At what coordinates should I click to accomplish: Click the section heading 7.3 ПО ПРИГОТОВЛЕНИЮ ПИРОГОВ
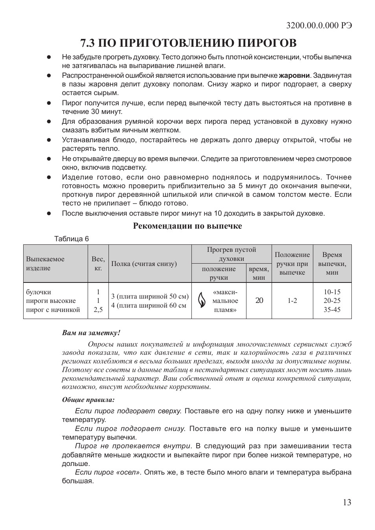pyautogui.click(x=188, y=42)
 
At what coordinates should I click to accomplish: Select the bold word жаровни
pyautogui.click(x=294, y=75)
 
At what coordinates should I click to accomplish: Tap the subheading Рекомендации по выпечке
pyautogui.click(x=187, y=226)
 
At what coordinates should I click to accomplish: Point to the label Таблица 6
pyautogui.click(x=72, y=239)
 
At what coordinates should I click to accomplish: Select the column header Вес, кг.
pyautogui.click(x=98, y=264)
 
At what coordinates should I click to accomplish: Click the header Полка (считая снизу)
pyautogui.click(x=144, y=264)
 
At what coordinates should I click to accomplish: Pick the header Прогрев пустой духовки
pyautogui.click(x=231, y=254)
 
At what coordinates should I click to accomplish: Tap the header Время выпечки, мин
pyautogui.click(x=332, y=264)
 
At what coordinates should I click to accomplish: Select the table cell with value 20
pyautogui.click(x=259, y=301)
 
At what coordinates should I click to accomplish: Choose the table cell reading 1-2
pyautogui.click(x=292, y=301)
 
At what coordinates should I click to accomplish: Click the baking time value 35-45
pyautogui.click(x=332, y=310)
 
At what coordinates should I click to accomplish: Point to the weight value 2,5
pyautogui.click(x=98, y=310)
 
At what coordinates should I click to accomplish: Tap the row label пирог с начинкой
pyautogui.click(x=53, y=310)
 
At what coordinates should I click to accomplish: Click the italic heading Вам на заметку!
pyautogui.click(x=91, y=333)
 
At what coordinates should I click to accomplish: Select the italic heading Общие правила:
pyautogui.click(x=88, y=400)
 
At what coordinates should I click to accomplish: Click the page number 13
pyautogui.click(x=347, y=502)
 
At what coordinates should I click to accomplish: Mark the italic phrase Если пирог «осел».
pyautogui.click(x=108, y=472)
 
